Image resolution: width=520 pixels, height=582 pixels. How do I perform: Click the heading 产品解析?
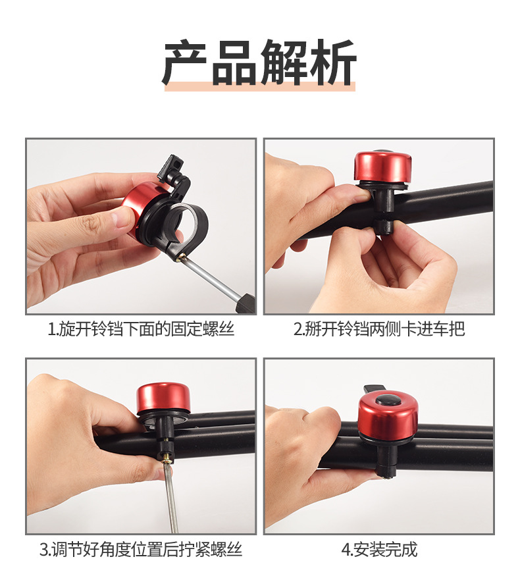click(259, 63)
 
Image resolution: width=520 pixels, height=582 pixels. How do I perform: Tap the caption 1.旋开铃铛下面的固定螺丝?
click(141, 329)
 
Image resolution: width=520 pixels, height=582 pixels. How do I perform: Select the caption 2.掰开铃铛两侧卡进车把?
click(379, 329)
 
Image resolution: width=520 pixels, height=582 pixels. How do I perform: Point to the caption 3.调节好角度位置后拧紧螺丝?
click(141, 550)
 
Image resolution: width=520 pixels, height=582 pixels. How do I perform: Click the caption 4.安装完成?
click(379, 550)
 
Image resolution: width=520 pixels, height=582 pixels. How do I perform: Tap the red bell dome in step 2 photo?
click(382, 169)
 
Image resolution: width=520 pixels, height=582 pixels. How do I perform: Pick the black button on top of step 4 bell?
click(388, 401)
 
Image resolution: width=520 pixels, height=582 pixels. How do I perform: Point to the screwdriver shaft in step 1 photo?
click(211, 276)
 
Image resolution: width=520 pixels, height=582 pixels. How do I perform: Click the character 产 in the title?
click(185, 63)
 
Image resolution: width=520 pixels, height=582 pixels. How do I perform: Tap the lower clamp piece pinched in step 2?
click(384, 226)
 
